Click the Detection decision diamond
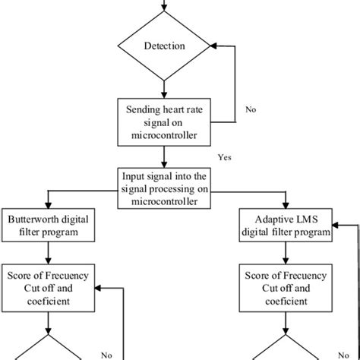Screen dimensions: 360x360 tap(164, 46)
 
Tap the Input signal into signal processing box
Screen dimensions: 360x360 tap(164, 188)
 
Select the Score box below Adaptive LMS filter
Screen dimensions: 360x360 tap(286, 287)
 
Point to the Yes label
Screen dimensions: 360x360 tap(223, 158)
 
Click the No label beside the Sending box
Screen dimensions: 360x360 tap(250, 109)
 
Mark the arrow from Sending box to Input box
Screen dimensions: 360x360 tap(164, 155)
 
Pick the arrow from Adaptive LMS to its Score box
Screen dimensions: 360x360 tap(286, 254)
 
